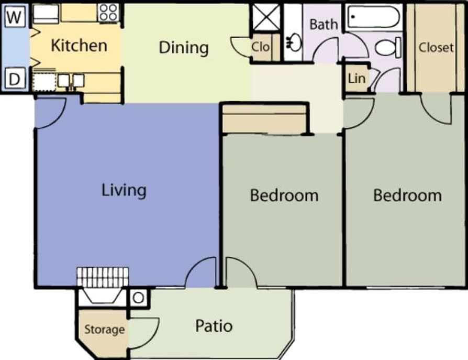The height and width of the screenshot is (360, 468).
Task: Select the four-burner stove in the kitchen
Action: pyautogui.click(x=108, y=13)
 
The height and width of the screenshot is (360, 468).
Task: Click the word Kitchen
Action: pyautogui.click(x=79, y=46)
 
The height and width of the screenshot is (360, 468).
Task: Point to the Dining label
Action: pyautogui.click(x=183, y=48)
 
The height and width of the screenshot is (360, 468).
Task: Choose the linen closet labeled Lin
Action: pyautogui.click(x=356, y=79)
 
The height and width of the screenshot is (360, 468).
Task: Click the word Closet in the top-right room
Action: pyautogui.click(x=436, y=48)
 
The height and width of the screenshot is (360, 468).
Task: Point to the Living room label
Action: pyautogui.click(x=124, y=190)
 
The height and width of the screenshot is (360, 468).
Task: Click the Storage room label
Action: pyautogui.click(x=105, y=330)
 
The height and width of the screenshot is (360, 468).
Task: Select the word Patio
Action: pyautogui.click(x=214, y=326)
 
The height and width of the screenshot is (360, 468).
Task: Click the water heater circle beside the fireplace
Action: pyautogui.click(x=138, y=298)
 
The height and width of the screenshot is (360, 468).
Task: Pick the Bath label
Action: pyautogui.click(x=323, y=24)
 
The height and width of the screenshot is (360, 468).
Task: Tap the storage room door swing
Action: pyautogui.click(x=143, y=333)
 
